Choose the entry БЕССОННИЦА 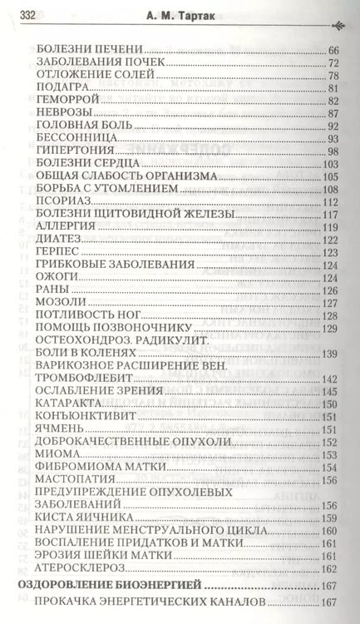click(71, 138)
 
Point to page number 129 click(330, 329)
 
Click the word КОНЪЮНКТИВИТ click(80, 416)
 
